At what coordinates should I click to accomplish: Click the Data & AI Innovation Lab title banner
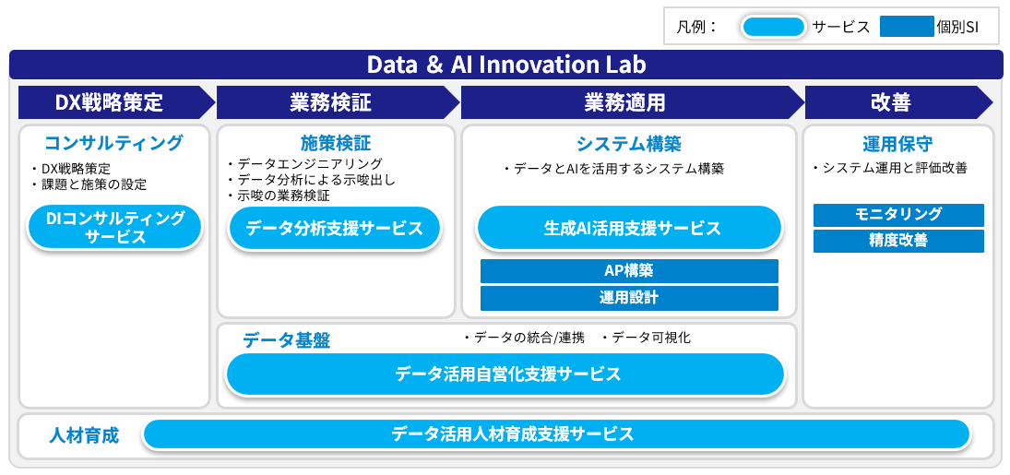pyautogui.click(x=505, y=65)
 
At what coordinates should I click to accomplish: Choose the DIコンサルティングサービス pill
pyautogui.click(x=115, y=228)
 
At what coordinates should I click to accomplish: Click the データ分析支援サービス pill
pyautogui.click(x=334, y=228)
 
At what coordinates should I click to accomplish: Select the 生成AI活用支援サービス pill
pyautogui.click(x=629, y=228)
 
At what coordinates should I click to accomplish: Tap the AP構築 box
pyautogui.click(x=629, y=271)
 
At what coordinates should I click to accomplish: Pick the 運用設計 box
pyautogui.click(x=629, y=298)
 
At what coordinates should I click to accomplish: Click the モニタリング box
pyautogui.click(x=898, y=215)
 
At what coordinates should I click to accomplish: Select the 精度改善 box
pyautogui.click(x=898, y=241)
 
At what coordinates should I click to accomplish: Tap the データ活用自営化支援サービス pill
pyautogui.click(x=505, y=374)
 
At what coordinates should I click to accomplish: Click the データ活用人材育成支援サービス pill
pyautogui.click(x=556, y=433)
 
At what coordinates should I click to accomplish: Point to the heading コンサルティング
pyautogui.click(x=114, y=143)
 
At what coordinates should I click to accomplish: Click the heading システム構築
pyautogui.click(x=629, y=144)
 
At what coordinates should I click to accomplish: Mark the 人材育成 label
pyautogui.click(x=84, y=434)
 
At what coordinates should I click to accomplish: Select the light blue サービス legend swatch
pyautogui.click(x=773, y=27)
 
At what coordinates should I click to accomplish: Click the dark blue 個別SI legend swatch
pyautogui.click(x=907, y=27)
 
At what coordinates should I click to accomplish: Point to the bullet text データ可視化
pyautogui.click(x=650, y=338)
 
